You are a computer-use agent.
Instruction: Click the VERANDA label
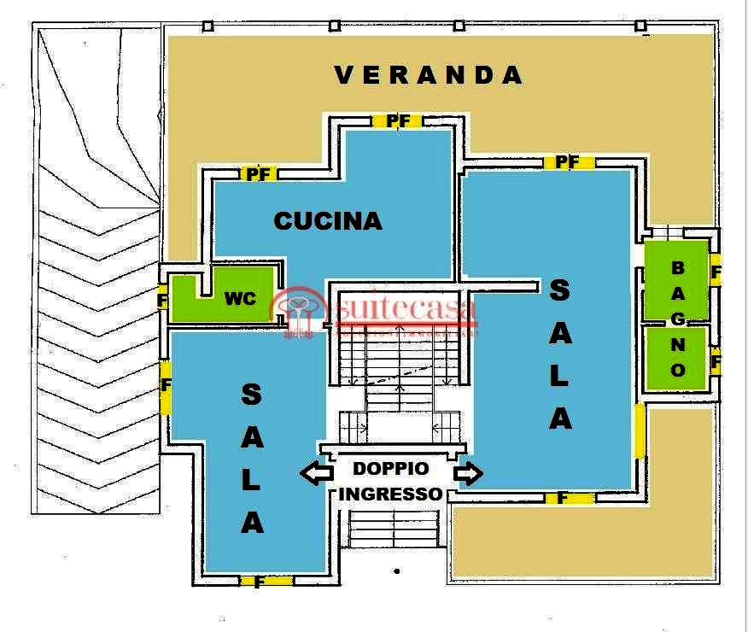click(x=429, y=75)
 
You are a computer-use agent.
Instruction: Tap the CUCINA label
click(x=328, y=221)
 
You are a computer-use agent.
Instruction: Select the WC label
click(x=241, y=299)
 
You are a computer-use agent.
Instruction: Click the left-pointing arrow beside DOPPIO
click(x=317, y=473)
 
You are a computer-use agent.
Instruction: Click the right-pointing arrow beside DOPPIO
click(x=468, y=473)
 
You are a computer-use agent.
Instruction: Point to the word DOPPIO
click(x=391, y=468)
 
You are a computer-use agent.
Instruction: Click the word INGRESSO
click(x=391, y=494)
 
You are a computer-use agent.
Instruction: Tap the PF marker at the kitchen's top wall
click(x=397, y=121)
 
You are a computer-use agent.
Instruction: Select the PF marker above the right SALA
click(x=568, y=162)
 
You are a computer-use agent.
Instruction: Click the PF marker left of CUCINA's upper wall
click(x=259, y=173)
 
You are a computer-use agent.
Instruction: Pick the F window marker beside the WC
click(x=162, y=300)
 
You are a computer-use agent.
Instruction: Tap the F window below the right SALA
click(x=570, y=499)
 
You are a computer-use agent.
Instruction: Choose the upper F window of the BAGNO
click(x=715, y=271)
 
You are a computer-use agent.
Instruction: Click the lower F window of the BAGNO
click(x=715, y=360)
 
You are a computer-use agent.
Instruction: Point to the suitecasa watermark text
click(x=406, y=308)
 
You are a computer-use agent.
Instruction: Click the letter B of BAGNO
click(x=678, y=268)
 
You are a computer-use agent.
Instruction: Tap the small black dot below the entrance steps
click(x=397, y=571)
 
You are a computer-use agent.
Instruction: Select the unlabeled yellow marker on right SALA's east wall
click(x=640, y=430)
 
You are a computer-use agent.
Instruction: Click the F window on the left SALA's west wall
click(x=165, y=388)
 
